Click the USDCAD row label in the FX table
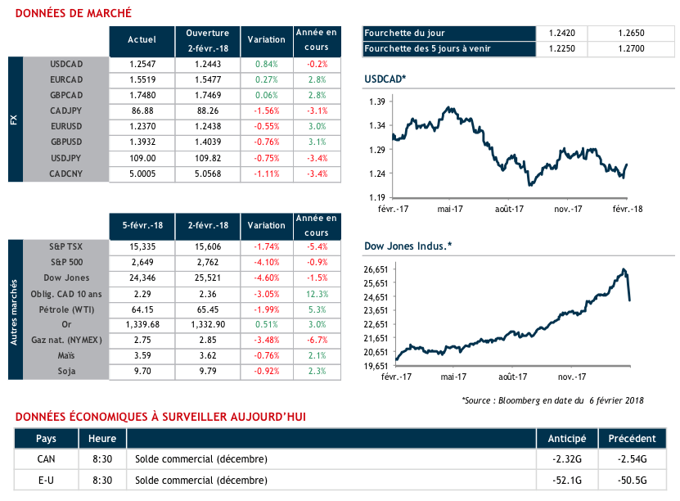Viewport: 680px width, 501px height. [x=67, y=63]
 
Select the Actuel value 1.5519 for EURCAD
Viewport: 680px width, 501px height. [x=142, y=79]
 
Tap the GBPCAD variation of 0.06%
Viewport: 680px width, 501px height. [x=268, y=95]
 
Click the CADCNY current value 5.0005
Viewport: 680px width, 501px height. [x=142, y=174]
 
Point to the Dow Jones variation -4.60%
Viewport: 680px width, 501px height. [x=268, y=278]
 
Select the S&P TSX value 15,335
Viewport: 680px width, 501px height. [x=142, y=246]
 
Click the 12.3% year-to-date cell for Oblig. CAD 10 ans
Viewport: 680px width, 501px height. [x=317, y=293]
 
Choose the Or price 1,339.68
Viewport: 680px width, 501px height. [x=142, y=324]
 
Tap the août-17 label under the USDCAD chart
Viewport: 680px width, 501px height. [x=509, y=209]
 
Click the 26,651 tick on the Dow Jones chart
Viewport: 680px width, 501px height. [x=375, y=269]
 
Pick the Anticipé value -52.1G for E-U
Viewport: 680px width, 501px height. [x=567, y=480]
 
